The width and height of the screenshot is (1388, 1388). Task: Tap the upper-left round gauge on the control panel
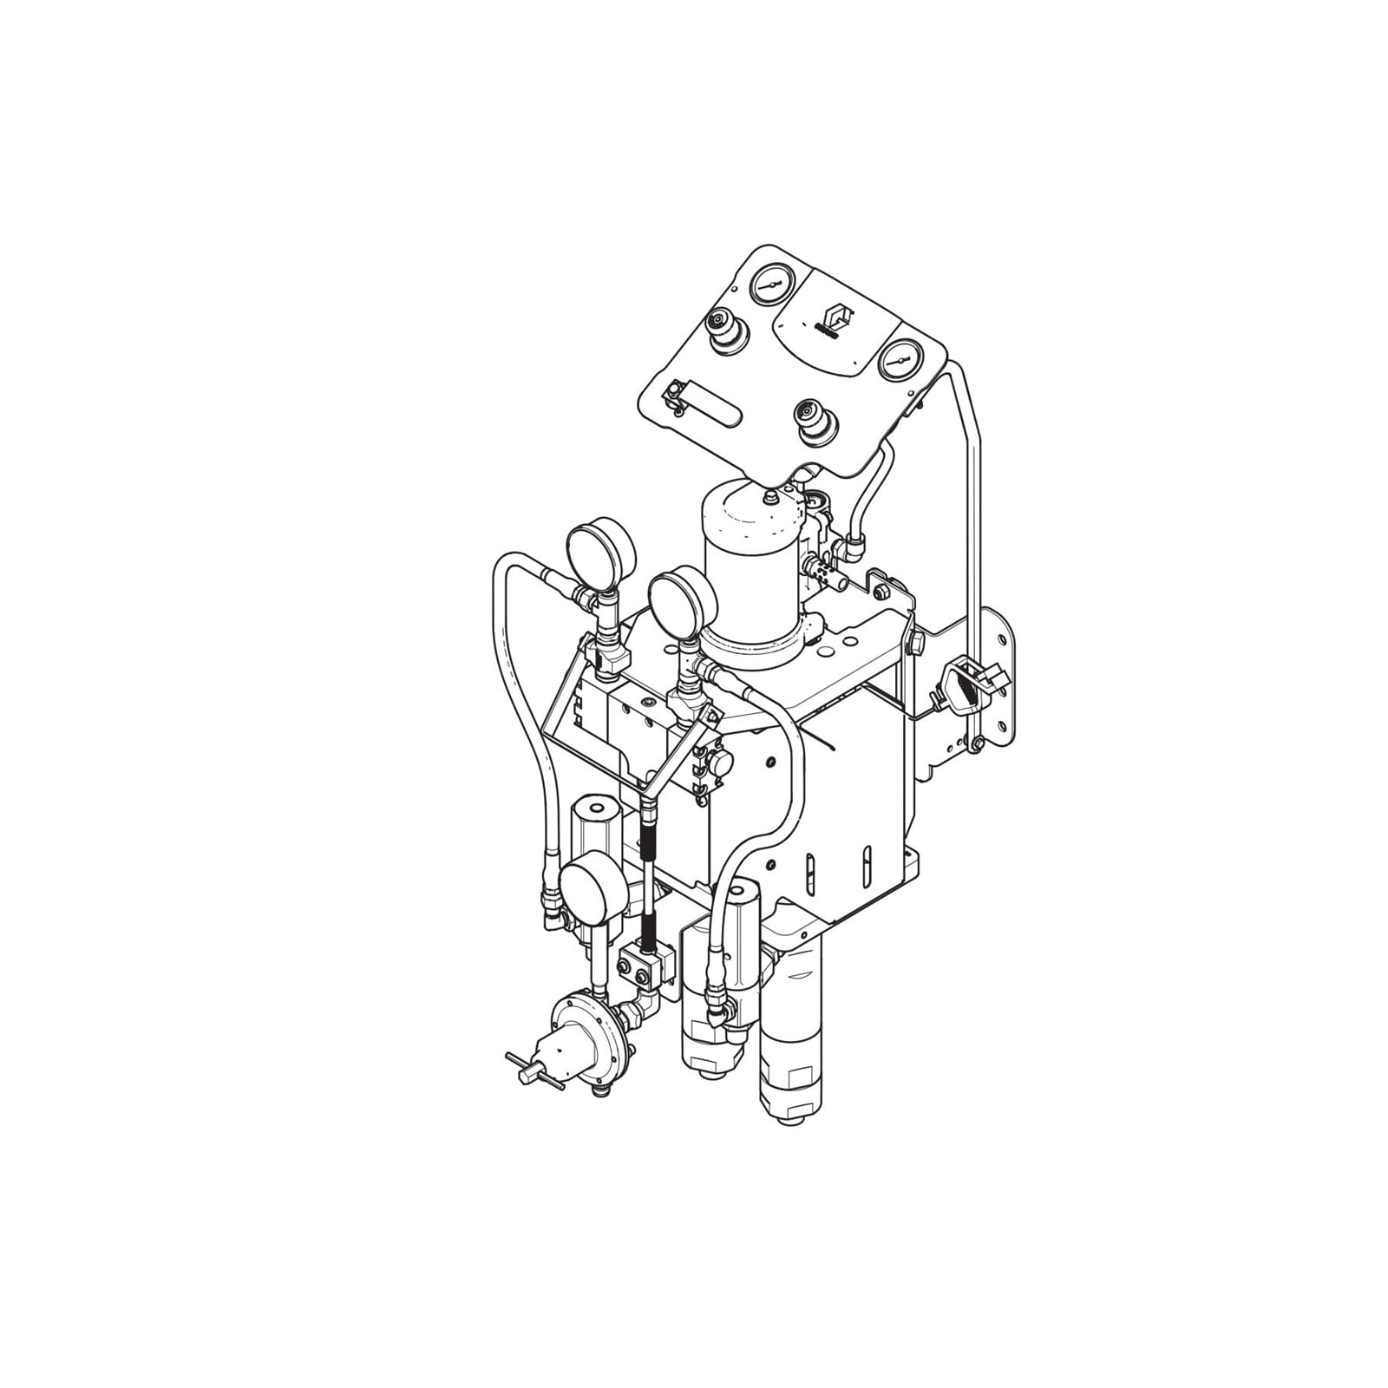(770, 285)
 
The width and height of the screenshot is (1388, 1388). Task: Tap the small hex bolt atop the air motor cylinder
(769, 498)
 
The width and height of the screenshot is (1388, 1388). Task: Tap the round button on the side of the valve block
(720, 763)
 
